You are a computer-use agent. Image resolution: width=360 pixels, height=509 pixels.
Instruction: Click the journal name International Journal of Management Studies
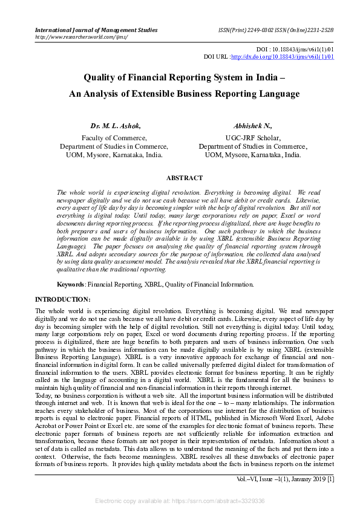click(x=96, y=30)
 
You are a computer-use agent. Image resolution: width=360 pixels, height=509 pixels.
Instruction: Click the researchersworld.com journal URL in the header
click(x=82, y=37)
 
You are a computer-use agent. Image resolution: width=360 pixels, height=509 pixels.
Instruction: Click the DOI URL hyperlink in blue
click(x=282, y=57)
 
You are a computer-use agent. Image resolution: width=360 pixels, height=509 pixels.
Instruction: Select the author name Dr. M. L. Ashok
click(x=115, y=126)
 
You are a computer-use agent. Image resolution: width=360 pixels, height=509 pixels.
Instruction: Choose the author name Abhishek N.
click(x=252, y=126)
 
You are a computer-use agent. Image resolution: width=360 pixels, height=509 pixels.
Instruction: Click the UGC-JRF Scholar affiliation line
click(x=252, y=138)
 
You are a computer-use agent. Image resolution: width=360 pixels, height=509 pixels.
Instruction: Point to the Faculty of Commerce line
click(x=114, y=138)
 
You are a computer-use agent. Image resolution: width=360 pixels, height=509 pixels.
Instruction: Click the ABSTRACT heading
click(x=185, y=178)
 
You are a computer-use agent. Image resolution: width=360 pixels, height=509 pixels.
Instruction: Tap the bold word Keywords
click(x=70, y=284)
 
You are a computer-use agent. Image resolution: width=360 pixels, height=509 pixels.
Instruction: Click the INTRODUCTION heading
click(x=63, y=299)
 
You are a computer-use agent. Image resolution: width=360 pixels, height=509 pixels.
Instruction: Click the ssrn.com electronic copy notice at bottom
click(x=180, y=501)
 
